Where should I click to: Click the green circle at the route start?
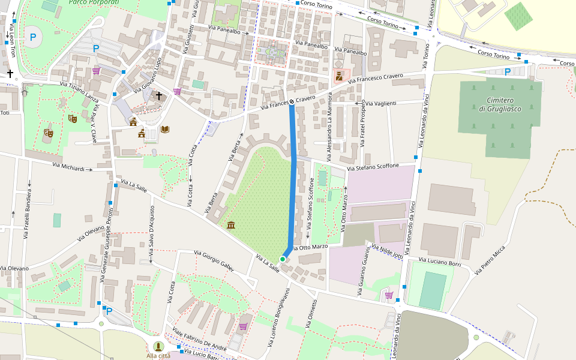click(x=283, y=259)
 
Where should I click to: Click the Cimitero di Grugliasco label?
click(x=496, y=104)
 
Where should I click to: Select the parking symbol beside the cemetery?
click(x=508, y=72)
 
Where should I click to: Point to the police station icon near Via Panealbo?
click(x=339, y=76)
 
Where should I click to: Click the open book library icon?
click(x=165, y=129)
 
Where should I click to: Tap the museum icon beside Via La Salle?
click(x=231, y=225)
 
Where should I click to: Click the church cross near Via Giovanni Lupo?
click(x=159, y=95)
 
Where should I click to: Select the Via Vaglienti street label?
click(x=381, y=104)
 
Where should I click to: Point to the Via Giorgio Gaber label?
click(x=214, y=261)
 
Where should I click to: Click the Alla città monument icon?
click(x=158, y=346)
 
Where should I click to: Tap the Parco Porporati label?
click(x=94, y=3)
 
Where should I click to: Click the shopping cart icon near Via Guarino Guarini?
click(x=389, y=295)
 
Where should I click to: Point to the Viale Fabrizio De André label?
click(x=200, y=340)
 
